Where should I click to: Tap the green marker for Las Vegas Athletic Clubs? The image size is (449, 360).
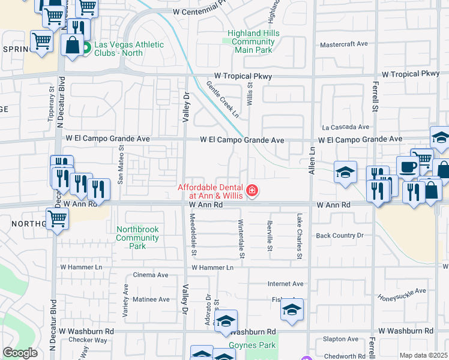(86, 47)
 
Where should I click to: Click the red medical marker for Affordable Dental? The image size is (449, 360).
(253, 191)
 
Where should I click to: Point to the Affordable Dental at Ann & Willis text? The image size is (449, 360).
(212, 191)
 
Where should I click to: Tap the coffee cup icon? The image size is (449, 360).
(408, 167)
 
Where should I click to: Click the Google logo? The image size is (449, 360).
(20, 353)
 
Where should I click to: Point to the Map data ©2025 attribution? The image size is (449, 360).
(423, 355)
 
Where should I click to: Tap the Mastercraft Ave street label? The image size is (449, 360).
(344, 44)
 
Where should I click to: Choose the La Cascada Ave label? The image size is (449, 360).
(345, 127)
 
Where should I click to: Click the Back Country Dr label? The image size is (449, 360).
(340, 236)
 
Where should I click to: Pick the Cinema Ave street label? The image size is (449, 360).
(154, 275)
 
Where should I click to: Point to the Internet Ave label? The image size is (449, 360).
(285, 284)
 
